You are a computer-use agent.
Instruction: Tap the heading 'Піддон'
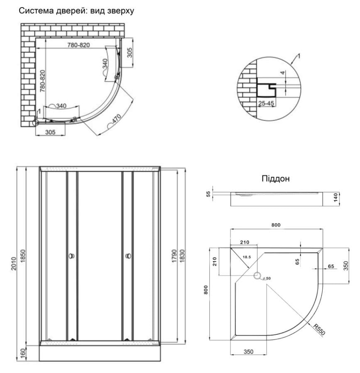275,179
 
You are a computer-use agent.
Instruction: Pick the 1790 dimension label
174,256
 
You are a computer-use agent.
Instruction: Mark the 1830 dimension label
181,256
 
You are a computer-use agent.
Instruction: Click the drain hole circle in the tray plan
257,275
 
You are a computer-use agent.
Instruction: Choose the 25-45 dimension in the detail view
266,102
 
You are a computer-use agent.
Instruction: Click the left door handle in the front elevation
71,256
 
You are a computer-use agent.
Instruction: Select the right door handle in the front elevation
127,256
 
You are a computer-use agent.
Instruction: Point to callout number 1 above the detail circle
299,56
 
